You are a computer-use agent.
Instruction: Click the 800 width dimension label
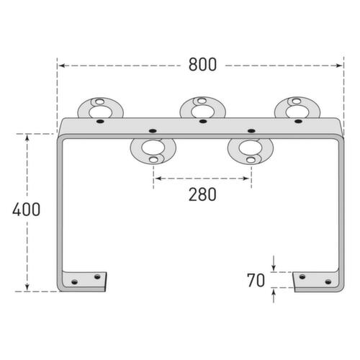click(x=202, y=65)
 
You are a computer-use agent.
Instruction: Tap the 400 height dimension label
click(x=27, y=210)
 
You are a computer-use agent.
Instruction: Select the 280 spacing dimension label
click(x=202, y=194)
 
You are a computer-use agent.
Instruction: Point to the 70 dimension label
click(x=256, y=280)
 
